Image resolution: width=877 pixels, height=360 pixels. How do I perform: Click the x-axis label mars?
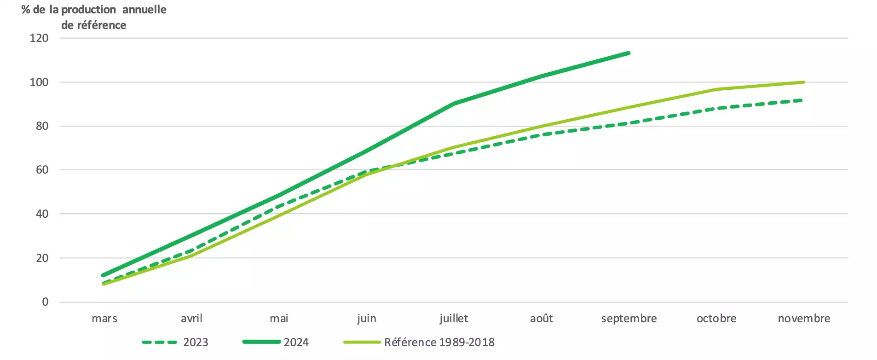click(x=104, y=319)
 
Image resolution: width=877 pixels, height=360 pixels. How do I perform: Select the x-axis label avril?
click(x=191, y=318)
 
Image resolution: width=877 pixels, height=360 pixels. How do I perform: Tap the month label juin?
click(x=367, y=319)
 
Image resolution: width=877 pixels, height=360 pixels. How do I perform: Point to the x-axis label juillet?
click(x=454, y=319)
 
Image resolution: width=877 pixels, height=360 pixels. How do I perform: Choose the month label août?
click(x=542, y=318)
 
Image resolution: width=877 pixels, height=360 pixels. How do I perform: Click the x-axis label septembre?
click(x=629, y=319)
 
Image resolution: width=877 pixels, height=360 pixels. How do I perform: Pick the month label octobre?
click(x=716, y=318)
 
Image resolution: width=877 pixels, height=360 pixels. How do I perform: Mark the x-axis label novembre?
click(x=804, y=318)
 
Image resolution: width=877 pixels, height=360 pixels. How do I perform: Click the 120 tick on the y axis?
click(x=39, y=38)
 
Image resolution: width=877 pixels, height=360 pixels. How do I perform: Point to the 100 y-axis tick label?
click(x=39, y=82)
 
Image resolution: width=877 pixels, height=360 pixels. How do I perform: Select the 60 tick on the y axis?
click(x=42, y=170)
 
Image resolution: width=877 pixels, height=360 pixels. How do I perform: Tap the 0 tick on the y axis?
click(x=45, y=302)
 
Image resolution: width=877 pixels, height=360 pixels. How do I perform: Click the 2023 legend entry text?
click(x=196, y=343)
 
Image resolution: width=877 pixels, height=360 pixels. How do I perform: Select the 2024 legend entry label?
click(x=296, y=343)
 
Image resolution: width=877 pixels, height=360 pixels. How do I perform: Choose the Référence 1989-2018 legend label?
click(x=439, y=343)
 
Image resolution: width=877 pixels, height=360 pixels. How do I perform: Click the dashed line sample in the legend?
click(x=160, y=343)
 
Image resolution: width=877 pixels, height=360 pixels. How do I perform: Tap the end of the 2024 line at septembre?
click(x=629, y=53)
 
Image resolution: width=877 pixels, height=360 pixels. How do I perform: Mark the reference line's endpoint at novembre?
click(x=803, y=82)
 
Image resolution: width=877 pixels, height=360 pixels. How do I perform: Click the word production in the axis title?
click(x=89, y=10)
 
